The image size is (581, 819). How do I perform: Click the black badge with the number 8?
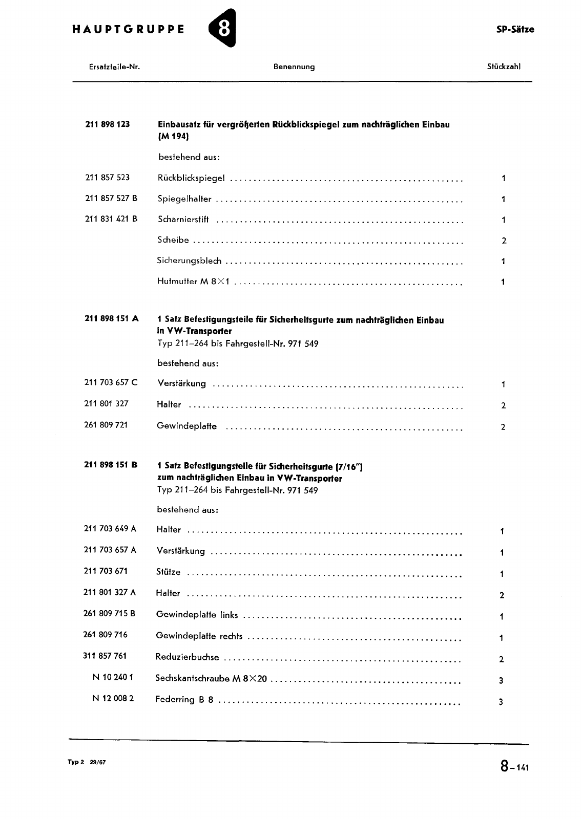pyautogui.click(x=223, y=29)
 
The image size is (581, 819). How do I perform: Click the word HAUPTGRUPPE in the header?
pyautogui.click(x=128, y=29)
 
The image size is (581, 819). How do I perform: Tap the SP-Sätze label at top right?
pyautogui.click(x=515, y=29)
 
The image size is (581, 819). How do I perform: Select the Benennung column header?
pyautogui.click(x=294, y=67)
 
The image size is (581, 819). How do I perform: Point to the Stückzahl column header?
pyautogui.click(x=504, y=67)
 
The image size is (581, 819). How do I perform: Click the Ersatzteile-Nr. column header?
pyautogui.click(x=115, y=67)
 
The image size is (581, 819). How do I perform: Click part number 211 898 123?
pyautogui.click(x=107, y=124)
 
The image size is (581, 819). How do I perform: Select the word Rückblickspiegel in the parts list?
pyautogui.click(x=191, y=178)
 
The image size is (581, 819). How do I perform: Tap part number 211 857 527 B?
pyautogui.click(x=111, y=198)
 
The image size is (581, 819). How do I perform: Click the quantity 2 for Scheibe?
pyautogui.click(x=504, y=241)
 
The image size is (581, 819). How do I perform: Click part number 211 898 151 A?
pyautogui.click(x=111, y=318)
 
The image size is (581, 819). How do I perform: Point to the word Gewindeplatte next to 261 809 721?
pyautogui.click(x=186, y=426)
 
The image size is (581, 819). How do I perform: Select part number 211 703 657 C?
pyautogui.click(x=111, y=382)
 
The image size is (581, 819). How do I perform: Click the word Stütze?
pyautogui.click(x=168, y=572)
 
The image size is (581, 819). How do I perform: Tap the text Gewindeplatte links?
pyautogui.click(x=197, y=614)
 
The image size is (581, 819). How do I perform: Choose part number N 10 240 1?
pyautogui.click(x=113, y=677)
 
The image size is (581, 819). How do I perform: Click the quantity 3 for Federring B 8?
pyautogui.click(x=501, y=702)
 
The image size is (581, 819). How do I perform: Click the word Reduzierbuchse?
pyautogui.click(x=187, y=657)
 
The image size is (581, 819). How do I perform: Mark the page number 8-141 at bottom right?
pyautogui.click(x=514, y=767)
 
